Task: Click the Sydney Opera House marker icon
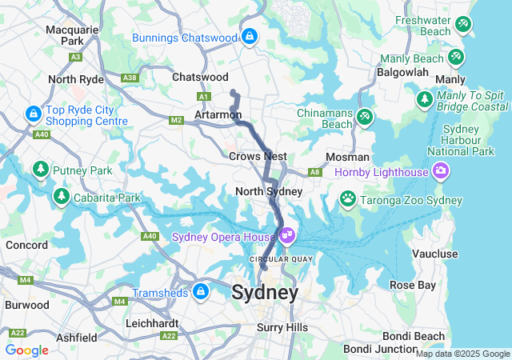tap(287, 237)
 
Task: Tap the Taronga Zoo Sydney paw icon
tap(348, 198)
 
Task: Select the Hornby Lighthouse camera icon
tap(440, 170)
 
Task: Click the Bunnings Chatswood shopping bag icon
tap(250, 36)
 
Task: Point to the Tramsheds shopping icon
tap(200, 290)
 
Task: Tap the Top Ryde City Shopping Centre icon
tap(33, 114)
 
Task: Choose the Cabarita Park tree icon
tap(61, 196)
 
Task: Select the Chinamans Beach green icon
tap(365, 117)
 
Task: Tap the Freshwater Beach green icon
tap(463, 25)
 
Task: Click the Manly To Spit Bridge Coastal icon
tap(425, 100)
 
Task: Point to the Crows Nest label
tap(258, 156)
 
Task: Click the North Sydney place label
tap(269, 191)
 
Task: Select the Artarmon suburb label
tap(218, 115)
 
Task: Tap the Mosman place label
tap(347, 157)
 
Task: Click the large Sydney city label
tap(265, 293)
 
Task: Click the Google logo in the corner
tap(26, 350)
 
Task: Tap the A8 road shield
tap(315, 171)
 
